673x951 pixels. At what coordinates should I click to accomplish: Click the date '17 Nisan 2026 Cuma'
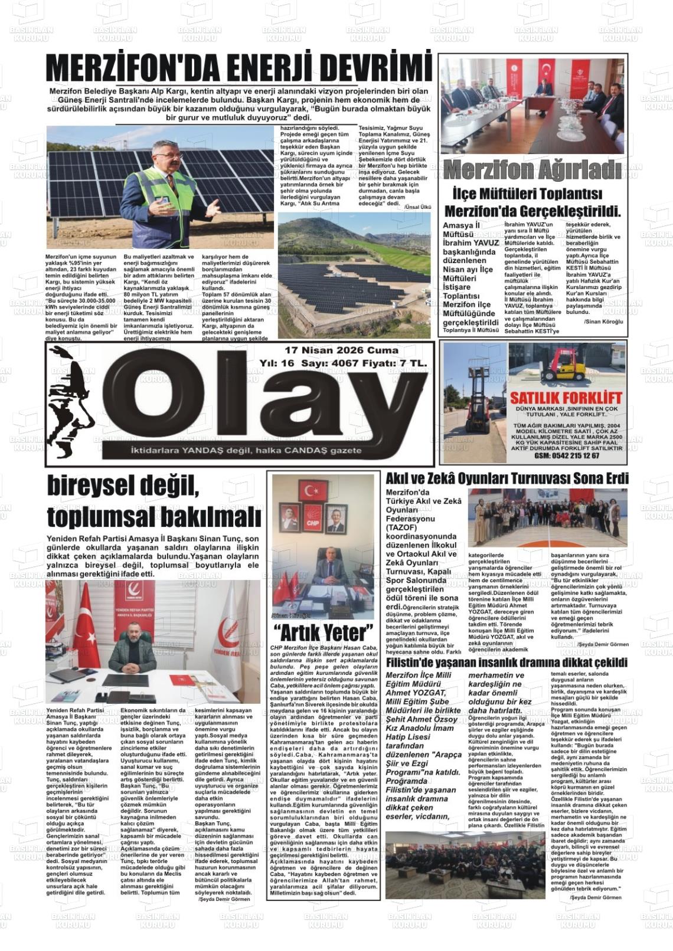(x=341, y=351)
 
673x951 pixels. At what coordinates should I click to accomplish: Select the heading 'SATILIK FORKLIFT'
(x=566, y=397)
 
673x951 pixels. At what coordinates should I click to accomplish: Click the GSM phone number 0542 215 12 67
(x=566, y=455)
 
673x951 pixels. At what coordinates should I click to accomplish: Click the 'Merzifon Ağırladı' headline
(x=532, y=171)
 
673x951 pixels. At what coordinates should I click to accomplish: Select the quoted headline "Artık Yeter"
(x=324, y=632)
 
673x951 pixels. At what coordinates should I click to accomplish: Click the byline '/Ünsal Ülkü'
(x=418, y=206)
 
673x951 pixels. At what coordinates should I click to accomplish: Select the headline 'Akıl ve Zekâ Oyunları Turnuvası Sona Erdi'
(x=507, y=478)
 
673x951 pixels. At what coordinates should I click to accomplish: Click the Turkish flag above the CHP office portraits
(x=313, y=490)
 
